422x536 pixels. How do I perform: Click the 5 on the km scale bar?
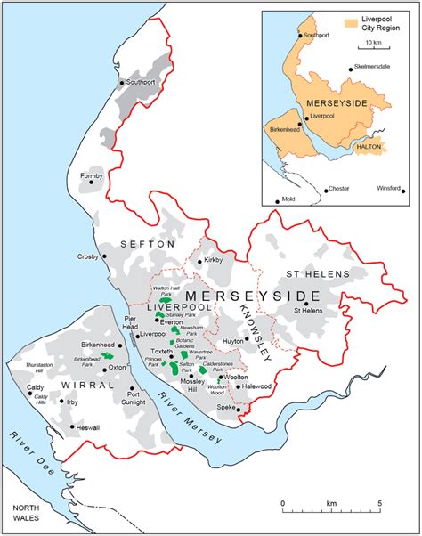pyautogui.click(x=380, y=504)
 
